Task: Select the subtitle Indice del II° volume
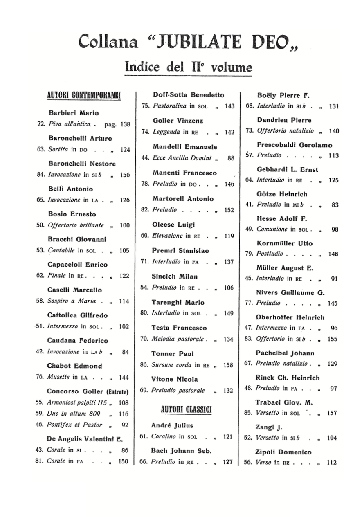188,67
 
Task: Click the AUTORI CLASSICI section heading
186,409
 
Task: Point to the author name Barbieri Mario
74,113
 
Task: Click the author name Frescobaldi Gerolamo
295,145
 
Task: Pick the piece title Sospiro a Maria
72,301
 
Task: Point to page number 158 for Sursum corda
228,365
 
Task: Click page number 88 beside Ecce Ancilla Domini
231,158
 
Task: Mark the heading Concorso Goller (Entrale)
88,391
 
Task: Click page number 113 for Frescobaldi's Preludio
333,155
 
